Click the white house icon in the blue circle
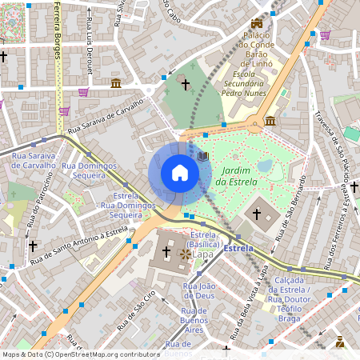coord(179,173)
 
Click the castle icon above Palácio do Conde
coord(257,24)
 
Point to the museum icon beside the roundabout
coord(270,121)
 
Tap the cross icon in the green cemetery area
coord(186,83)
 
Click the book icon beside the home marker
coord(203,156)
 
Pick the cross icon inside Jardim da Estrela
coord(257,214)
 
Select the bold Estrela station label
coord(238,249)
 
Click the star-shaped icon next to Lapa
coord(186,254)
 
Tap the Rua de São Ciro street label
coord(136,311)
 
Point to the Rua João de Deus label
coord(200,290)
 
